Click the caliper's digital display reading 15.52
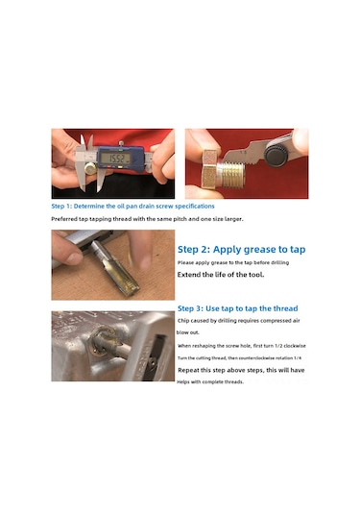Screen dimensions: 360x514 point(115,159)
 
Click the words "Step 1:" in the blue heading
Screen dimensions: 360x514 point(61,207)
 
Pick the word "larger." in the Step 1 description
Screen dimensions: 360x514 point(233,219)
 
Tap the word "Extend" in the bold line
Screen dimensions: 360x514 point(188,275)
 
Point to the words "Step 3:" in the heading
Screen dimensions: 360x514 point(190,308)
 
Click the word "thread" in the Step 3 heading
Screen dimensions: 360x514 point(286,308)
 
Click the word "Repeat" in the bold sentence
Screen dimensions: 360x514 point(188,370)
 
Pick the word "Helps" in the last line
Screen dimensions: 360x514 point(183,381)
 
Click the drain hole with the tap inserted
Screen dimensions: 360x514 point(102,341)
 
